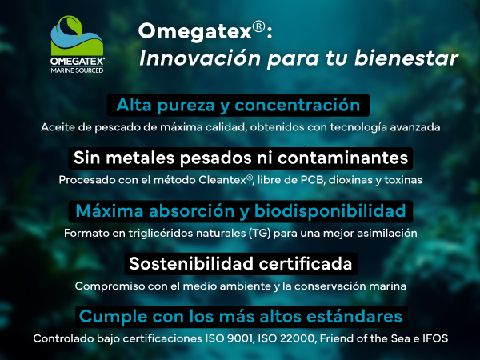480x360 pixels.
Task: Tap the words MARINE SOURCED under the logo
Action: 77,70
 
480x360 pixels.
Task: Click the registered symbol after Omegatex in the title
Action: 259,27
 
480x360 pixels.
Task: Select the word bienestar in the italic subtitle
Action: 406,58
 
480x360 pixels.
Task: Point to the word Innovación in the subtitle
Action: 200,58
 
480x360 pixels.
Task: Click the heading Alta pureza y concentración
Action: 238,106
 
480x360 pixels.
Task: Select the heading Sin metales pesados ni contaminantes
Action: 241,158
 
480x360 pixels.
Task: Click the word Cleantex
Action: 222,180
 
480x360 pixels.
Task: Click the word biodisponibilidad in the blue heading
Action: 330,211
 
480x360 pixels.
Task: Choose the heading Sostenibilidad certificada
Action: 241,263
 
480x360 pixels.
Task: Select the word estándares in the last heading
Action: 354,316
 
